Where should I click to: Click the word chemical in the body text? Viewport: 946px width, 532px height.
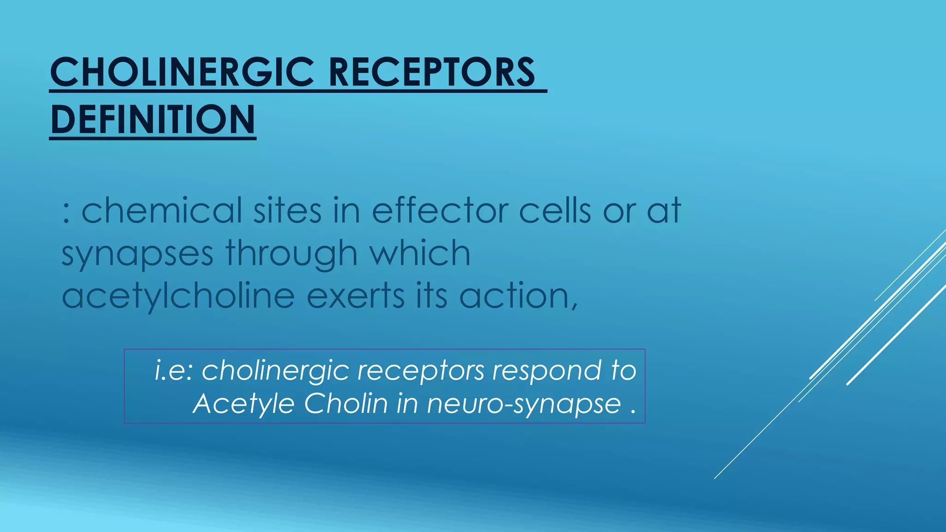pyautogui.click(x=162, y=211)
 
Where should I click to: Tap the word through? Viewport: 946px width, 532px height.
pyautogui.click(x=291, y=254)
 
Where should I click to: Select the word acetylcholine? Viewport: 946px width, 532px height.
pyautogui.click(x=178, y=296)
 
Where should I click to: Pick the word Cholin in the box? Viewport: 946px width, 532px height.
pyautogui.click(x=346, y=404)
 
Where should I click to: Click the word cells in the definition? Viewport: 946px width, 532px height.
pyautogui.click(x=555, y=211)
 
